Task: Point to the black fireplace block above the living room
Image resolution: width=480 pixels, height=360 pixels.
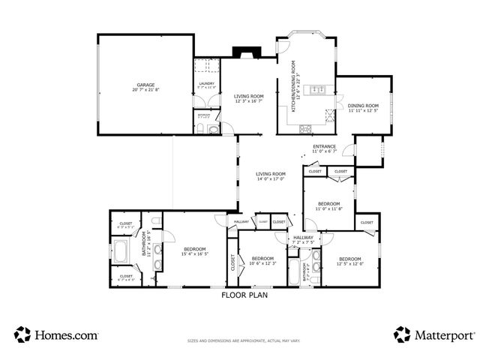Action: [245, 52]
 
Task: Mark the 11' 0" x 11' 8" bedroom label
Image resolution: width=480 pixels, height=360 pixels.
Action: [328, 206]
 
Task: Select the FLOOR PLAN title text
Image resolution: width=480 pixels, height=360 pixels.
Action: [244, 295]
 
